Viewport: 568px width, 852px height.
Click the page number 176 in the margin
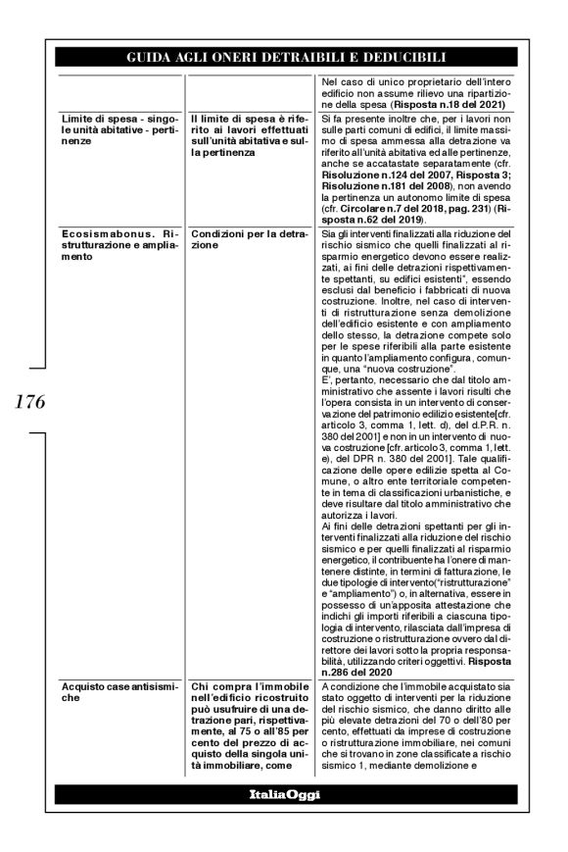[29, 401]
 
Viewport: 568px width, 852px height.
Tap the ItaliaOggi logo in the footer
[285, 793]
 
